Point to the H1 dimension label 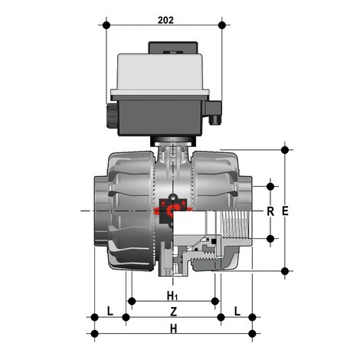tap(173, 296)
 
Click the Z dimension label tap(173, 312)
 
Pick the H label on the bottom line tap(173, 329)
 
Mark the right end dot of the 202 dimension tap(223, 25)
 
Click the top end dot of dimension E tap(286, 149)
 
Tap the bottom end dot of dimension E tap(286, 270)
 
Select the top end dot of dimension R tap(270, 185)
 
